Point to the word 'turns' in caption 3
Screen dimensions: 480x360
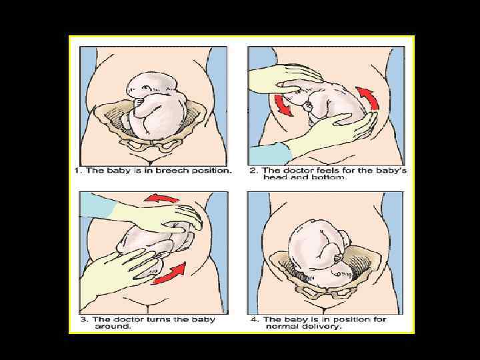pos(159,319)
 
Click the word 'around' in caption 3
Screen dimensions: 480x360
pos(113,326)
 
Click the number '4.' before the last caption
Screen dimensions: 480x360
pos(255,319)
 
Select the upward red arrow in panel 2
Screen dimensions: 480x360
pos(369,97)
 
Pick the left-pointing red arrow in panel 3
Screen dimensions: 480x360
pos(161,199)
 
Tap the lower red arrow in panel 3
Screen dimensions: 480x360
pos(170,273)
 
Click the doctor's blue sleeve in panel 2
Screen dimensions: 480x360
pos(269,155)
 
